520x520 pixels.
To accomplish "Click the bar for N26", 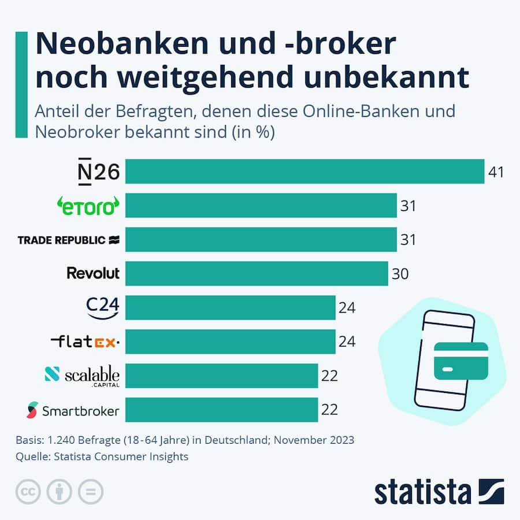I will click(x=304, y=172).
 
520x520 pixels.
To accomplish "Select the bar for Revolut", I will click(x=257, y=273).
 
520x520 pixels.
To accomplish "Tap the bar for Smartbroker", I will click(x=221, y=410).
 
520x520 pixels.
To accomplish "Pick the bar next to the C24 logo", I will click(x=230, y=307).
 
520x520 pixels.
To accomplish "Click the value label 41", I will click(x=496, y=172).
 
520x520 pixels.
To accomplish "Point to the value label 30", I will click(x=400, y=273).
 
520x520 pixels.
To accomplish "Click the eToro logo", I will click(x=88, y=206).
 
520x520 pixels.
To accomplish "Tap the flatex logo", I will click(x=85, y=342).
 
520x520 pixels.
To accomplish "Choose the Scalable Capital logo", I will click(x=82, y=376).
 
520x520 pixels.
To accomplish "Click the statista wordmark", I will click(x=422, y=492).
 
